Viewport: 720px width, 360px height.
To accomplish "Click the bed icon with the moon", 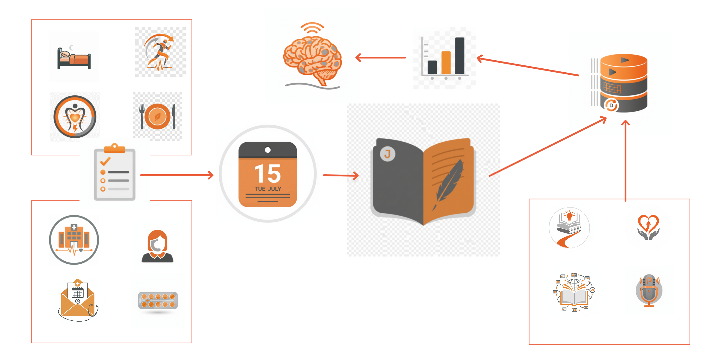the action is pos(74,57).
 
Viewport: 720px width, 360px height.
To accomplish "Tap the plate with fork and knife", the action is pos(157,116).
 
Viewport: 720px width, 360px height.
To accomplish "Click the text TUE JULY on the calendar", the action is pos(268,189).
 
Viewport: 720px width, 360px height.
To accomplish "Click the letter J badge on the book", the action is pos(388,154).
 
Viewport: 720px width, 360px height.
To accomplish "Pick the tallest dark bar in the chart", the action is pos(460,56).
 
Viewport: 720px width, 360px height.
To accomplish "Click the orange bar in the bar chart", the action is pos(446,63).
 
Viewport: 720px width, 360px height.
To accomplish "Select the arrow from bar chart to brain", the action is pos(380,57).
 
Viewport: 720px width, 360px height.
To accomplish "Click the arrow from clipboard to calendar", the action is pos(177,175).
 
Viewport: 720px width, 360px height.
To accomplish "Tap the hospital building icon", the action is pos(74,240).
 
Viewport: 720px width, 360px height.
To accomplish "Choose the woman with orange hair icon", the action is pos(157,246).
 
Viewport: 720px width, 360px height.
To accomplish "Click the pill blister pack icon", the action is pos(158,301).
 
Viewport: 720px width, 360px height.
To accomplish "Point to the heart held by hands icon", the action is pos(648,227).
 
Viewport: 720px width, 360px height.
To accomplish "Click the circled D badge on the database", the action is pos(611,105).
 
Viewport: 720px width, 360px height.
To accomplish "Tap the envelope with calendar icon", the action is pos(78,300).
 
